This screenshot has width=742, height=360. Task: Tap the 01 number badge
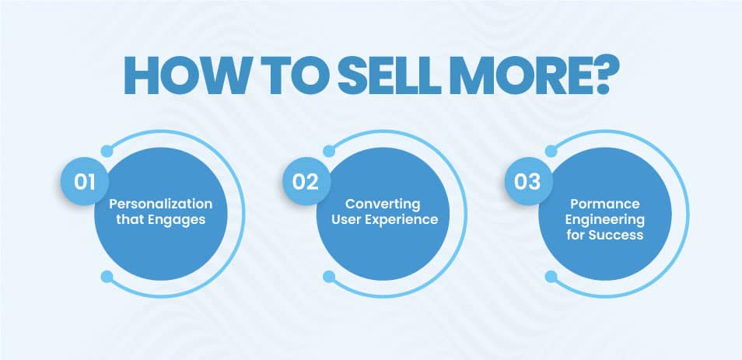point(84,182)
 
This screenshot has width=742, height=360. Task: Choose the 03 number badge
point(527,182)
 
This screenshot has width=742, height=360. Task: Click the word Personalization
point(161,204)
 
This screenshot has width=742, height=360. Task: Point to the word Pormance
point(604,204)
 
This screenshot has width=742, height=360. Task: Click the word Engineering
point(604,219)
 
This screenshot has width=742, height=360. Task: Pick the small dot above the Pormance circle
point(551,150)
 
